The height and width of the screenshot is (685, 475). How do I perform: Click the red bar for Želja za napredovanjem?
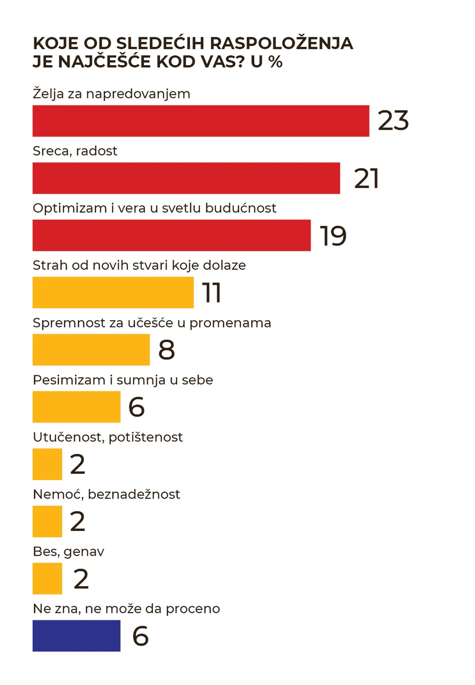[201, 121]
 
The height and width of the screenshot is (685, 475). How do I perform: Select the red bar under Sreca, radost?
[186, 178]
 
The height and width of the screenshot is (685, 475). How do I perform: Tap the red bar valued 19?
[171, 235]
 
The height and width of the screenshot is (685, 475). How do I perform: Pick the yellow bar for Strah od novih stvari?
[113, 292]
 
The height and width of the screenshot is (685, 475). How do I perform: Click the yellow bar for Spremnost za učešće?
[91, 350]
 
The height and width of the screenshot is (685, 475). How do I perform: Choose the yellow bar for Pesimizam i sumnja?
[76, 407]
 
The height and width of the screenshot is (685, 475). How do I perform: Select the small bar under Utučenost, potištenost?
[47, 464]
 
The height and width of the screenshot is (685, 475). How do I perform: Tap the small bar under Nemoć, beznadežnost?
[47, 521]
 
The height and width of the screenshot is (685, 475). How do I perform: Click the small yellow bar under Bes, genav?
[47, 578]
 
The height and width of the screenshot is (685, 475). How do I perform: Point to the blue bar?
[76, 635]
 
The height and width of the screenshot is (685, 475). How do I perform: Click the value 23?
[393, 121]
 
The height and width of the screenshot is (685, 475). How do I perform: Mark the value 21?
[366, 178]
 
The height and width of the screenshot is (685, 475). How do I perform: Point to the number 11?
[212, 293]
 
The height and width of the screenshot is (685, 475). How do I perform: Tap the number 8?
[167, 350]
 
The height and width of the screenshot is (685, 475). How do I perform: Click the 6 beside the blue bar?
[140, 636]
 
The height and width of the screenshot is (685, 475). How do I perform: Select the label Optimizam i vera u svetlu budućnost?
[154, 208]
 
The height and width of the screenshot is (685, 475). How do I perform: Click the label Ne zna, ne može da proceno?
[126, 609]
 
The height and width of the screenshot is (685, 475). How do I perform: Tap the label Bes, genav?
[68, 552]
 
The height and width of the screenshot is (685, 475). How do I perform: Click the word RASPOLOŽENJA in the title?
[281, 43]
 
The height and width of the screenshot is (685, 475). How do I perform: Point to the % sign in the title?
[275, 62]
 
